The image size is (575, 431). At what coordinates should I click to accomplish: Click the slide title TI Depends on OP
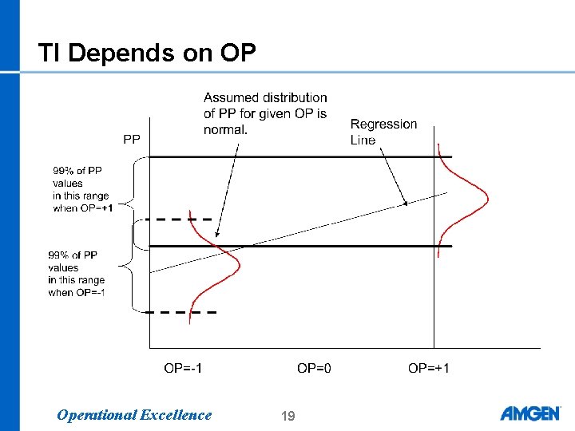(147, 53)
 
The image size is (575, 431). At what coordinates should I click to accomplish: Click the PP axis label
(132, 140)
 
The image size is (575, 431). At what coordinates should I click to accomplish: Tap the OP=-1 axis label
(183, 368)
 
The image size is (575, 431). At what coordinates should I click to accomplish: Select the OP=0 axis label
(316, 368)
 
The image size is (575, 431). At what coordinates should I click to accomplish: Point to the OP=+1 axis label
(429, 368)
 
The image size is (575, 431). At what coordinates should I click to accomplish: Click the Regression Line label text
(383, 132)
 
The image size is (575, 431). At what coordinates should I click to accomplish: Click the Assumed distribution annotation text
(264, 113)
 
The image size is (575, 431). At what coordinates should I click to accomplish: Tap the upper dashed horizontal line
(183, 219)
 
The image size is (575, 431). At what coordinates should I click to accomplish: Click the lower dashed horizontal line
(183, 312)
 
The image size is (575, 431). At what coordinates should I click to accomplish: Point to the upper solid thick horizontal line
(299, 157)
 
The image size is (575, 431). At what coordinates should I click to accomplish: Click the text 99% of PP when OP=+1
(82, 189)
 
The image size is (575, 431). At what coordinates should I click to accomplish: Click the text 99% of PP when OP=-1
(77, 274)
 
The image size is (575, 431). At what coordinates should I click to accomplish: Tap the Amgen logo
(529, 413)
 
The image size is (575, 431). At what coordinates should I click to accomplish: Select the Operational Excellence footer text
(134, 415)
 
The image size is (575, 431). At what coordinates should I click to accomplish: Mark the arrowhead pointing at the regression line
(405, 204)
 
